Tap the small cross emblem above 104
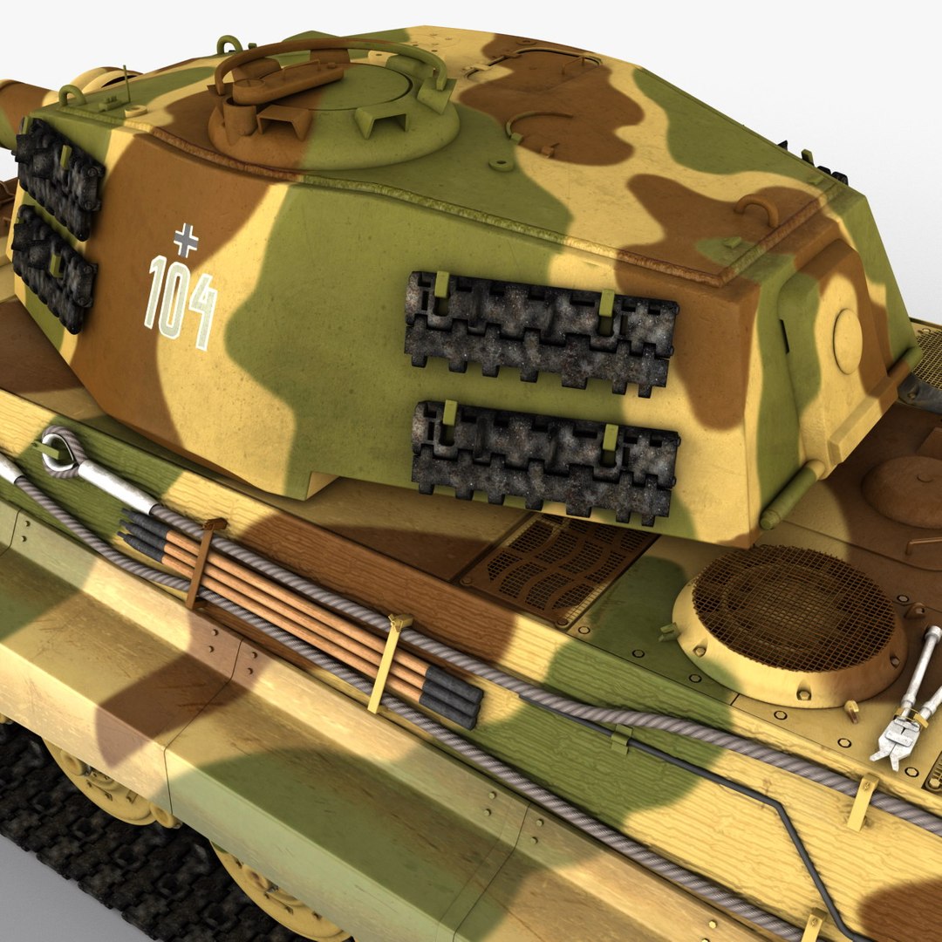[x=185, y=238]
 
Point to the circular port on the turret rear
[x=847, y=341]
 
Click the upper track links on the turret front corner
[x=59, y=179]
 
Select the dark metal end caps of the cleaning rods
[x=454, y=698]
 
